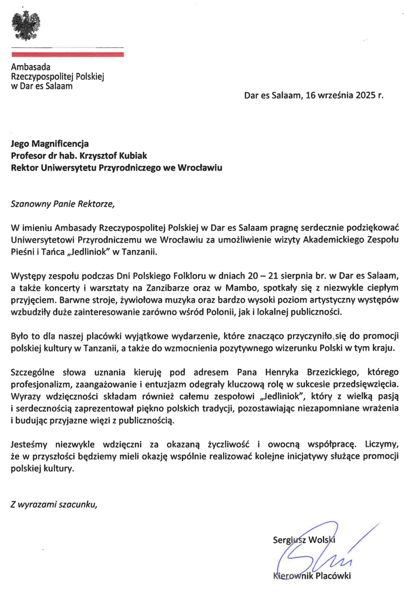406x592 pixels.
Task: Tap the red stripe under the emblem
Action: (68, 54)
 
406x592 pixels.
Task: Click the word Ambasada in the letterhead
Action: (31, 67)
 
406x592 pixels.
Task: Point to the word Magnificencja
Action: (60, 144)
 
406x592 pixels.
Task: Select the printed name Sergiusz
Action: (288, 540)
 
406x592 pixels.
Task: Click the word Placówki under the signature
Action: (333, 576)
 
